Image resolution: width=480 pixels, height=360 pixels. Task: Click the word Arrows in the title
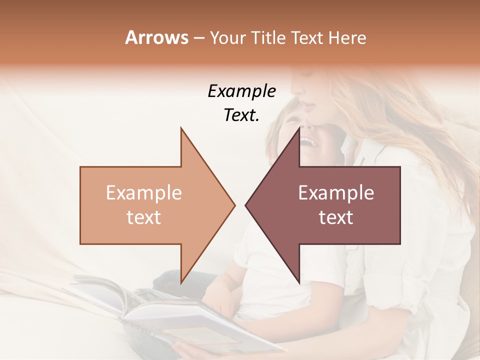[156, 37]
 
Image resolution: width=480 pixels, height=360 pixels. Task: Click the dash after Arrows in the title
[198, 38]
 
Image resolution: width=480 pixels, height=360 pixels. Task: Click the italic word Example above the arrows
[241, 91]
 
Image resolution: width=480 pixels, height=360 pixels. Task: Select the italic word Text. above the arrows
[241, 115]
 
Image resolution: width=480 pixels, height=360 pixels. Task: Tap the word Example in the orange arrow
[144, 193]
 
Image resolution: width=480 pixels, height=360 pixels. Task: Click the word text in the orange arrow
[144, 217]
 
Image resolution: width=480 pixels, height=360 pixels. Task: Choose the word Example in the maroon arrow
[336, 193]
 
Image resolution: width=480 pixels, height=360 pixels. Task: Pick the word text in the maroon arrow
[336, 217]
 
